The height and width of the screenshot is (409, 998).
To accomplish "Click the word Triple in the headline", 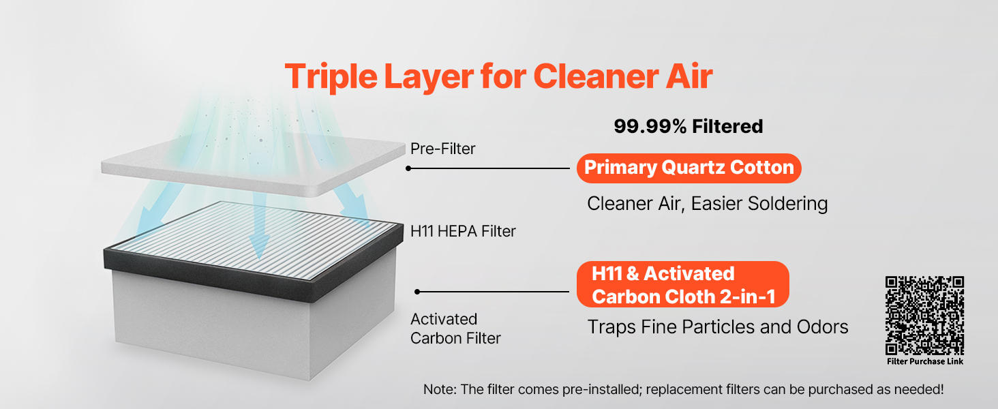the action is (331, 77).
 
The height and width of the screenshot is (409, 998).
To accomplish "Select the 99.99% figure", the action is (650, 127).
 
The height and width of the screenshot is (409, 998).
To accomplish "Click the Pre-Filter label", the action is (442, 149).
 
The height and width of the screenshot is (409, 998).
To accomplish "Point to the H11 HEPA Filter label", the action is (463, 231).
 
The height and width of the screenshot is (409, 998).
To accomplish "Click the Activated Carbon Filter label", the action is (455, 329).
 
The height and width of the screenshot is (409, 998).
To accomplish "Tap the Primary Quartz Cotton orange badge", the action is (689, 168).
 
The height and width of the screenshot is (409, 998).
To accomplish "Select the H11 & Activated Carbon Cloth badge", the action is (682, 284).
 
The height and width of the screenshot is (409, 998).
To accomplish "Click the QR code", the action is (924, 316).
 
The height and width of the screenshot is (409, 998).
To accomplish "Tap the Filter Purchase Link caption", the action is (925, 361).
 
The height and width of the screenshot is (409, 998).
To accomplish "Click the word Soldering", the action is (787, 204).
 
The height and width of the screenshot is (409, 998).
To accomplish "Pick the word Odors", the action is (822, 327).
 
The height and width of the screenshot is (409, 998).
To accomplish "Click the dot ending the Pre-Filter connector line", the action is (408, 168).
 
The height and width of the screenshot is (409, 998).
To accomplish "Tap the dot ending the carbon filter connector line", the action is (417, 292).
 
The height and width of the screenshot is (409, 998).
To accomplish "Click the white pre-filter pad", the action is (253, 166).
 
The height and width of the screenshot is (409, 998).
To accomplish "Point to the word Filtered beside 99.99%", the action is (727, 127).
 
